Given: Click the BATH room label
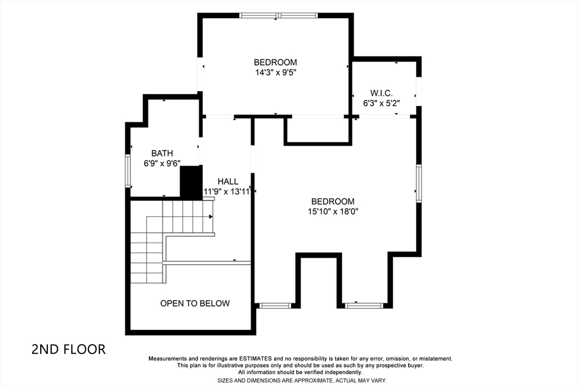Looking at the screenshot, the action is [x=162, y=153].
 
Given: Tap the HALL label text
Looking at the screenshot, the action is [x=228, y=181].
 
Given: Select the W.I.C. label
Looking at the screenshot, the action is [x=382, y=93].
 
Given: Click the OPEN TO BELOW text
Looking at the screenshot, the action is [x=195, y=303].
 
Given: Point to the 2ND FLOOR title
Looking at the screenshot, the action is [x=68, y=349].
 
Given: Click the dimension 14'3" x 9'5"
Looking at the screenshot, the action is [x=275, y=72].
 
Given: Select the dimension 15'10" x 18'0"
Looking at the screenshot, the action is [x=333, y=211].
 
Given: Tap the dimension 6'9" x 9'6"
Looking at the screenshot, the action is [x=162, y=163].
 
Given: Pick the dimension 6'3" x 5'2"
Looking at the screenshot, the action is [x=382, y=103].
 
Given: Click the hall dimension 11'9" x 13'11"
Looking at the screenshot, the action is [x=227, y=192].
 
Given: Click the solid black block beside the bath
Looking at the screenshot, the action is [x=191, y=183].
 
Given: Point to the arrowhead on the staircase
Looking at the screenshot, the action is [x=211, y=216].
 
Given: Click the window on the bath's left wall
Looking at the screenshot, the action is [x=128, y=171].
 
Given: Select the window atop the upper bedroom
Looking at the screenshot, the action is [x=278, y=15].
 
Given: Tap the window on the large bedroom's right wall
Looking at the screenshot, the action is [x=419, y=184].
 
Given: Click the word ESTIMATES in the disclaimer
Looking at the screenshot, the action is [x=256, y=359].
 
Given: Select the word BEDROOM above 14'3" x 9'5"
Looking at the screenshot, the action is [x=275, y=62].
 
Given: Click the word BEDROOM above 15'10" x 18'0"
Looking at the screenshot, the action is [x=333, y=202].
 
